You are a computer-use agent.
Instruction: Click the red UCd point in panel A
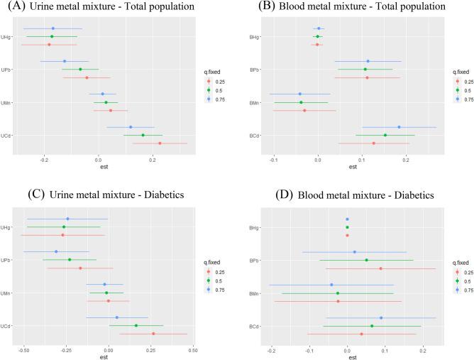click(160, 143)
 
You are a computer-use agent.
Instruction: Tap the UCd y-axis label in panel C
click(6, 326)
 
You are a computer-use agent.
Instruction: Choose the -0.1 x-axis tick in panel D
click(309, 351)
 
